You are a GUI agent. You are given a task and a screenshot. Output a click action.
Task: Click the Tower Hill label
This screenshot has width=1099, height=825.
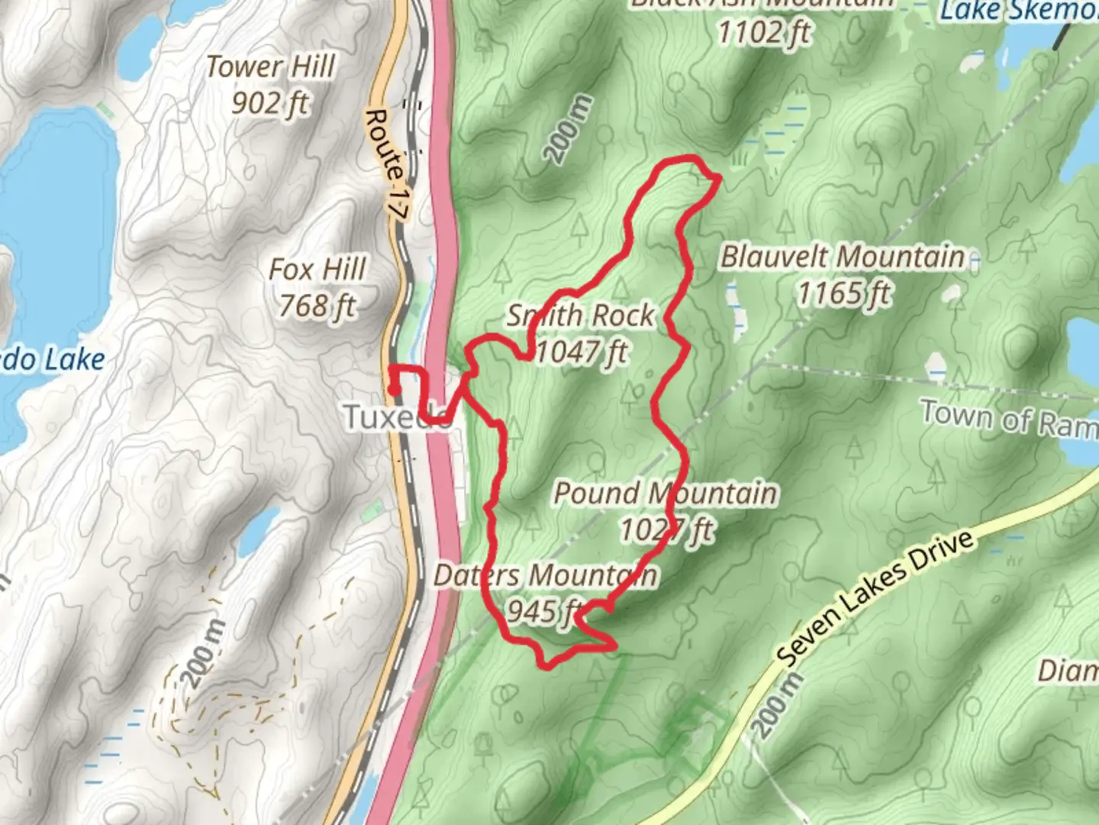[271, 67]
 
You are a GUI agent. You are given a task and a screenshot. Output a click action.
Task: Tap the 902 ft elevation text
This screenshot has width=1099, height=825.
[271, 102]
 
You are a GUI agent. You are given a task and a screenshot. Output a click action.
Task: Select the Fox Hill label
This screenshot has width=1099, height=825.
[317, 270]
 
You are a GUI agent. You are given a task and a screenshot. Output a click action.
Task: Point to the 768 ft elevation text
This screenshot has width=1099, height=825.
[317, 306]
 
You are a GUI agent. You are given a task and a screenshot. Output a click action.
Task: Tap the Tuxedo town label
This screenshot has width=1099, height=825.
[397, 417]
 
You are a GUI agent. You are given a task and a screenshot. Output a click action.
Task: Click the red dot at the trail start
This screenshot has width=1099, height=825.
[394, 390]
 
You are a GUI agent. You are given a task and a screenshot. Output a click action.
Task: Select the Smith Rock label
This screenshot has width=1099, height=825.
[581, 315]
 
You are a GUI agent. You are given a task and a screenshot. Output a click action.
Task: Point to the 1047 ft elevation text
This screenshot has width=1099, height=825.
[582, 352]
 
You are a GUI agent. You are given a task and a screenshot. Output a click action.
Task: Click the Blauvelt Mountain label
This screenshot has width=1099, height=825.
[843, 257]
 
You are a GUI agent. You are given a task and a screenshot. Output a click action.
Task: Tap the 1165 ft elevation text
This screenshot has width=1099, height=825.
[844, 293]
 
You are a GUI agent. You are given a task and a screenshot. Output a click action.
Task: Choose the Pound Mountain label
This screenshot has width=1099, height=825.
[665, 493]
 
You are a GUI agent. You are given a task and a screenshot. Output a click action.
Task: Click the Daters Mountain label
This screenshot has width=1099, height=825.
[545, 575]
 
